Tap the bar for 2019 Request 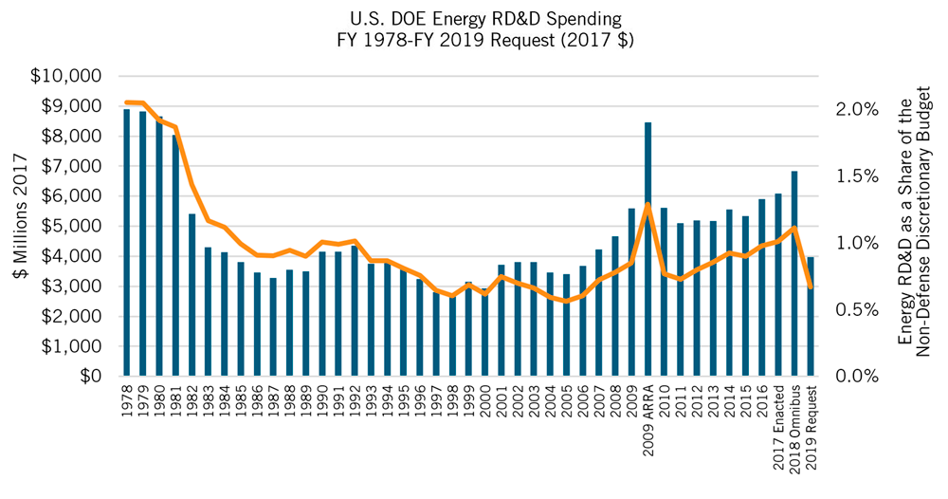click(811, 317)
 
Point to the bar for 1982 click(191, 294)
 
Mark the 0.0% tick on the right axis click(856, 377)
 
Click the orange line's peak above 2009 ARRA click(647, 205)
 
